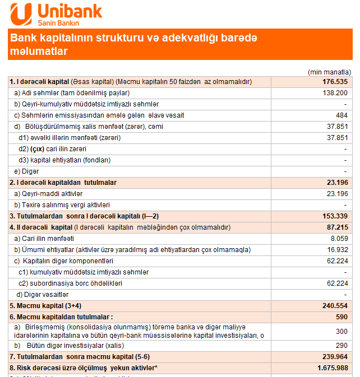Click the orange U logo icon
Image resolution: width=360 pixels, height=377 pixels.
pos(22,13)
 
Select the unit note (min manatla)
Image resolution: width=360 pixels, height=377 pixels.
pos(329,72)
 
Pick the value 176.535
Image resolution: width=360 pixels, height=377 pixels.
pos(335,82)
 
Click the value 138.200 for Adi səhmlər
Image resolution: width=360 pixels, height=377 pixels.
pos(335,93)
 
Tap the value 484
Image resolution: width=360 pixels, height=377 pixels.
pos(341,115)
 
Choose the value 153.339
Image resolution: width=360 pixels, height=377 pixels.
pos(335,216)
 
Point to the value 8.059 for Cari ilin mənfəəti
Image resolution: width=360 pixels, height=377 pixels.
pos(338,239)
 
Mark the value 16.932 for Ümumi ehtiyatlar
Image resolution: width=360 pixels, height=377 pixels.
pos(336,250)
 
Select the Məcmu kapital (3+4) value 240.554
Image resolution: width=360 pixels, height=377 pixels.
pos(335,306)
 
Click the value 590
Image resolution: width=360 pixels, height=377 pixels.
pos(341,317)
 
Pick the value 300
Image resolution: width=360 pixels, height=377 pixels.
pos(341,331)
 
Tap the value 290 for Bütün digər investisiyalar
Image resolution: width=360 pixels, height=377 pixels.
pos(341,345)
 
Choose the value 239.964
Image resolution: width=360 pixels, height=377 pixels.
pos(335,356)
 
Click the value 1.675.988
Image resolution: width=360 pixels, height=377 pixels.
pos(330,367)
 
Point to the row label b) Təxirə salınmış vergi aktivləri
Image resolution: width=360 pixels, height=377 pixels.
pos(62,205)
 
